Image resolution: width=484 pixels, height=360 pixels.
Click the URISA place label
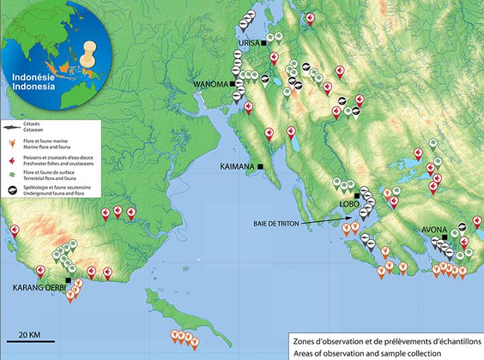tap(249, 43)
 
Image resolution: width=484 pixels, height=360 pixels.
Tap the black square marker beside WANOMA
tap(233, 84)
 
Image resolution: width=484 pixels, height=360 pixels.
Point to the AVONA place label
tap(433, 230)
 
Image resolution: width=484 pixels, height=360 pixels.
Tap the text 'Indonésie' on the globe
tap(30, 77)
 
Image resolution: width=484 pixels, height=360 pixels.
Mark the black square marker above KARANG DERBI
tap(68, 280)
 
